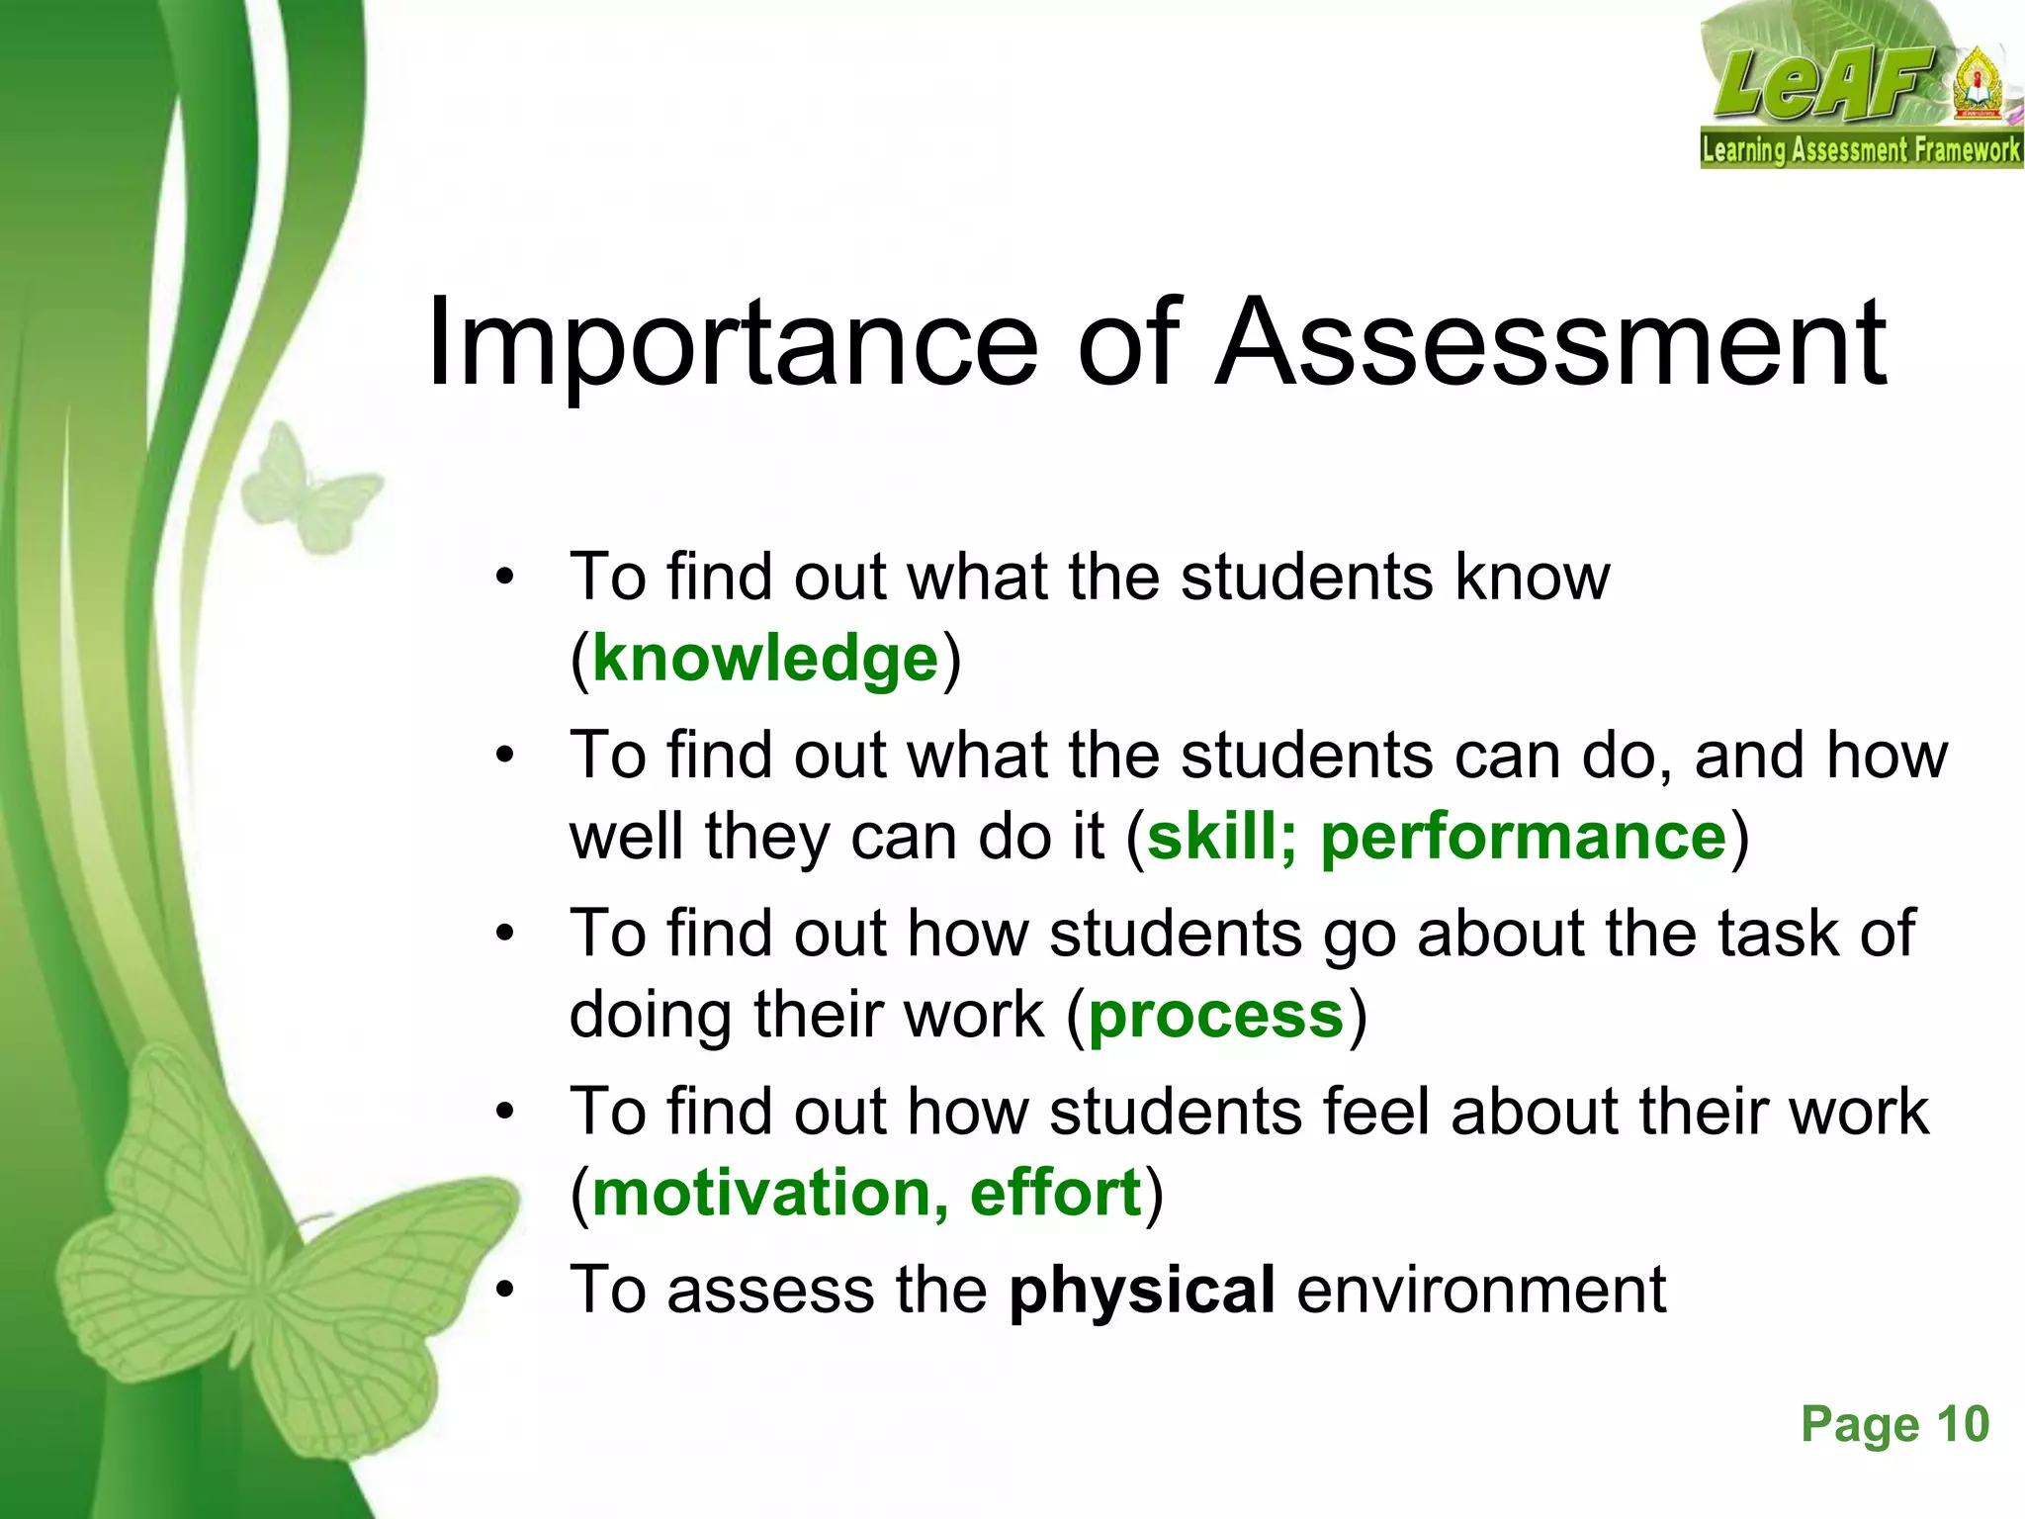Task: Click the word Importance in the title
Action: (732, 344)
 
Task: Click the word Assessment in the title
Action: (1551, 342)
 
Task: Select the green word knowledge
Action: (765, 660)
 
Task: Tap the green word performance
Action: (1524, 838)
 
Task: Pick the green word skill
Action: (1211, 838)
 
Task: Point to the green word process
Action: (1216, 1016)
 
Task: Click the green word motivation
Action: (761, 1194)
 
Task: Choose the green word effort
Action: (1055, 1194)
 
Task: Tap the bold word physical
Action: (1142, 1291)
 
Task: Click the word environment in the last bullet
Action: (1481, 1291)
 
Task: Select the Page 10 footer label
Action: (1894, 1425)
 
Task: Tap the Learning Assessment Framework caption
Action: (1860, 150)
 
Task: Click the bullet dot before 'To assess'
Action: (506, 1291)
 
